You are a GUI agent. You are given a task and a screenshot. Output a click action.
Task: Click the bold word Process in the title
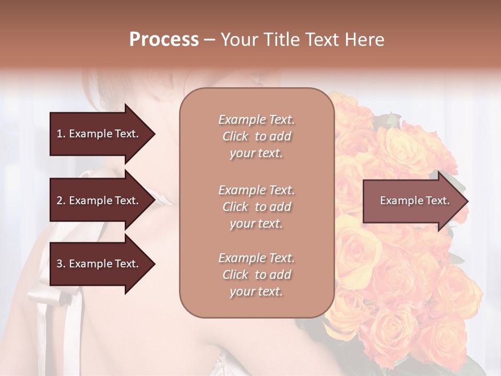(164, 40)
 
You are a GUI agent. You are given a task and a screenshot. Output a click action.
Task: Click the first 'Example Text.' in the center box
(256, 120)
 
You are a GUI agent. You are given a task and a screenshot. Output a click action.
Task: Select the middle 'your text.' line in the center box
(256, 224)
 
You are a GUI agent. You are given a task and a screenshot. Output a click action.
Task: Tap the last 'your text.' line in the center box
(256, 291)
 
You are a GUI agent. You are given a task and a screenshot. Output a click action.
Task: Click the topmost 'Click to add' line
(256, 136)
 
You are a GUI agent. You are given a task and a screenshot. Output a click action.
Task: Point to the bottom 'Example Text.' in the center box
(256, 258)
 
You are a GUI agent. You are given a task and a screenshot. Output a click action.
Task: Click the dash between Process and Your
(210, 40)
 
